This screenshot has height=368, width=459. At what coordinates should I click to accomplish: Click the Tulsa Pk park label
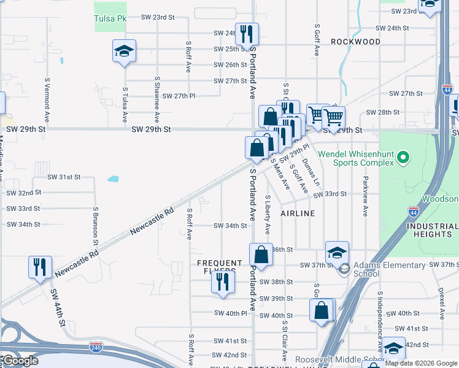click(110, 19)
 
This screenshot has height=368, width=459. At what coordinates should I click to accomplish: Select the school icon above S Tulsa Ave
click(124, 52)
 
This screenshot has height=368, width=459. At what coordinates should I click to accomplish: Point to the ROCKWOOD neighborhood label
click(355, 42)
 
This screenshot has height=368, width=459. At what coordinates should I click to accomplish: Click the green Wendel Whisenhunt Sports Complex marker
click(403, 158)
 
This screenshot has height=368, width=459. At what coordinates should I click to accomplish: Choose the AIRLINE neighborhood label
click(298, 213)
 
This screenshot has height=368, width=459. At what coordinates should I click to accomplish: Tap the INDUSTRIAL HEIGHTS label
click(432, 230)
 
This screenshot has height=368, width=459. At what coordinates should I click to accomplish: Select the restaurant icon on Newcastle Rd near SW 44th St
click(40, 267)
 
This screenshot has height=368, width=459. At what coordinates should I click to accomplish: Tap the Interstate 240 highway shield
click(96, 347)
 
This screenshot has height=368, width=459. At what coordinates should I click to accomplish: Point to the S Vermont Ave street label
click(47, 99)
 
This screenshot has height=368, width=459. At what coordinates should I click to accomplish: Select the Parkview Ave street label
click(365, 197)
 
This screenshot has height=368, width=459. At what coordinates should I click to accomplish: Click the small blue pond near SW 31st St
click(113, 179)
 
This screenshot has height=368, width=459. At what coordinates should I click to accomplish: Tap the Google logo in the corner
click(20, 361)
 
